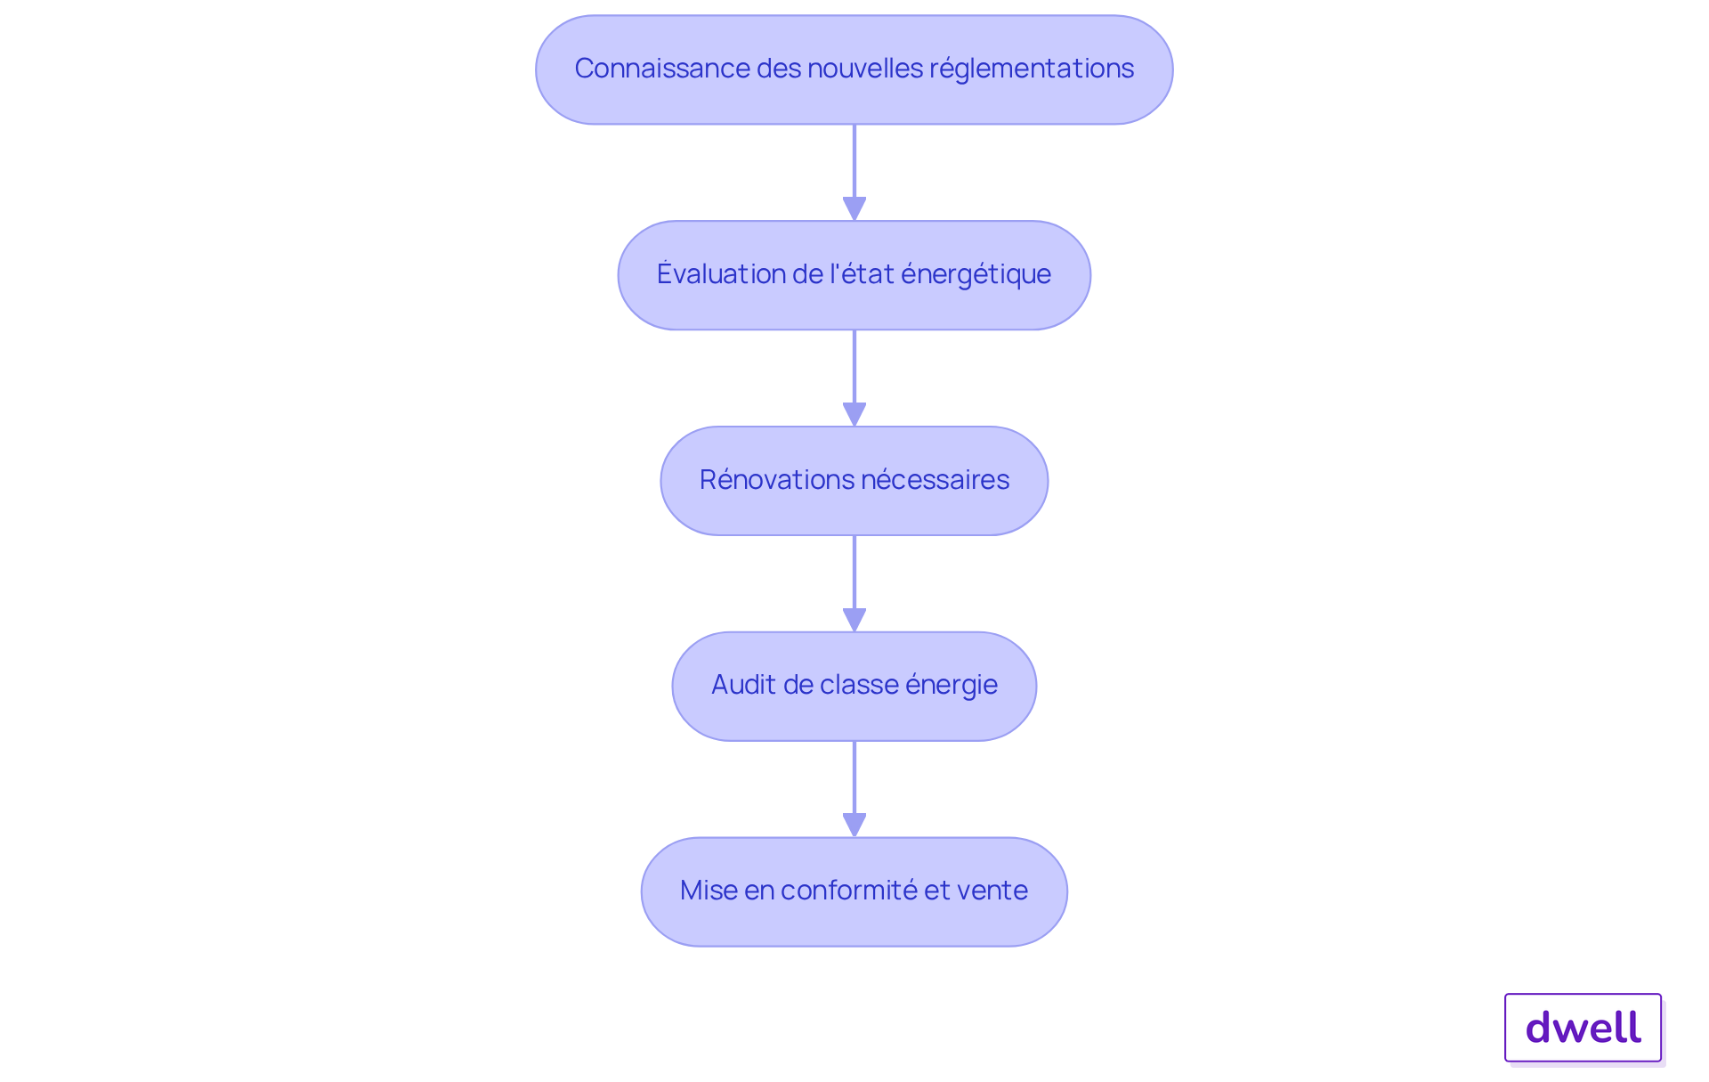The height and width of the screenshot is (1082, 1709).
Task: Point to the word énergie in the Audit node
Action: click(951, 685)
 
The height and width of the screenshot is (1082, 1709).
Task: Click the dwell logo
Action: click(1583, 1028)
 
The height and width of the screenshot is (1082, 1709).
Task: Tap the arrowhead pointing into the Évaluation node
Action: click(854, 208)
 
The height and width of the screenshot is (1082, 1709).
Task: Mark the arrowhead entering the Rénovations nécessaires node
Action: click(854, 414)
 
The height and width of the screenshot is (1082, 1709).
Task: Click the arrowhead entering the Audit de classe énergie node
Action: click(854, 620)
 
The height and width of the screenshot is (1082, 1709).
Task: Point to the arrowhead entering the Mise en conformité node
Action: click(854, 825)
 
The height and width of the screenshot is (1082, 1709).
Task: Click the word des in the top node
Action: click(779, 69)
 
